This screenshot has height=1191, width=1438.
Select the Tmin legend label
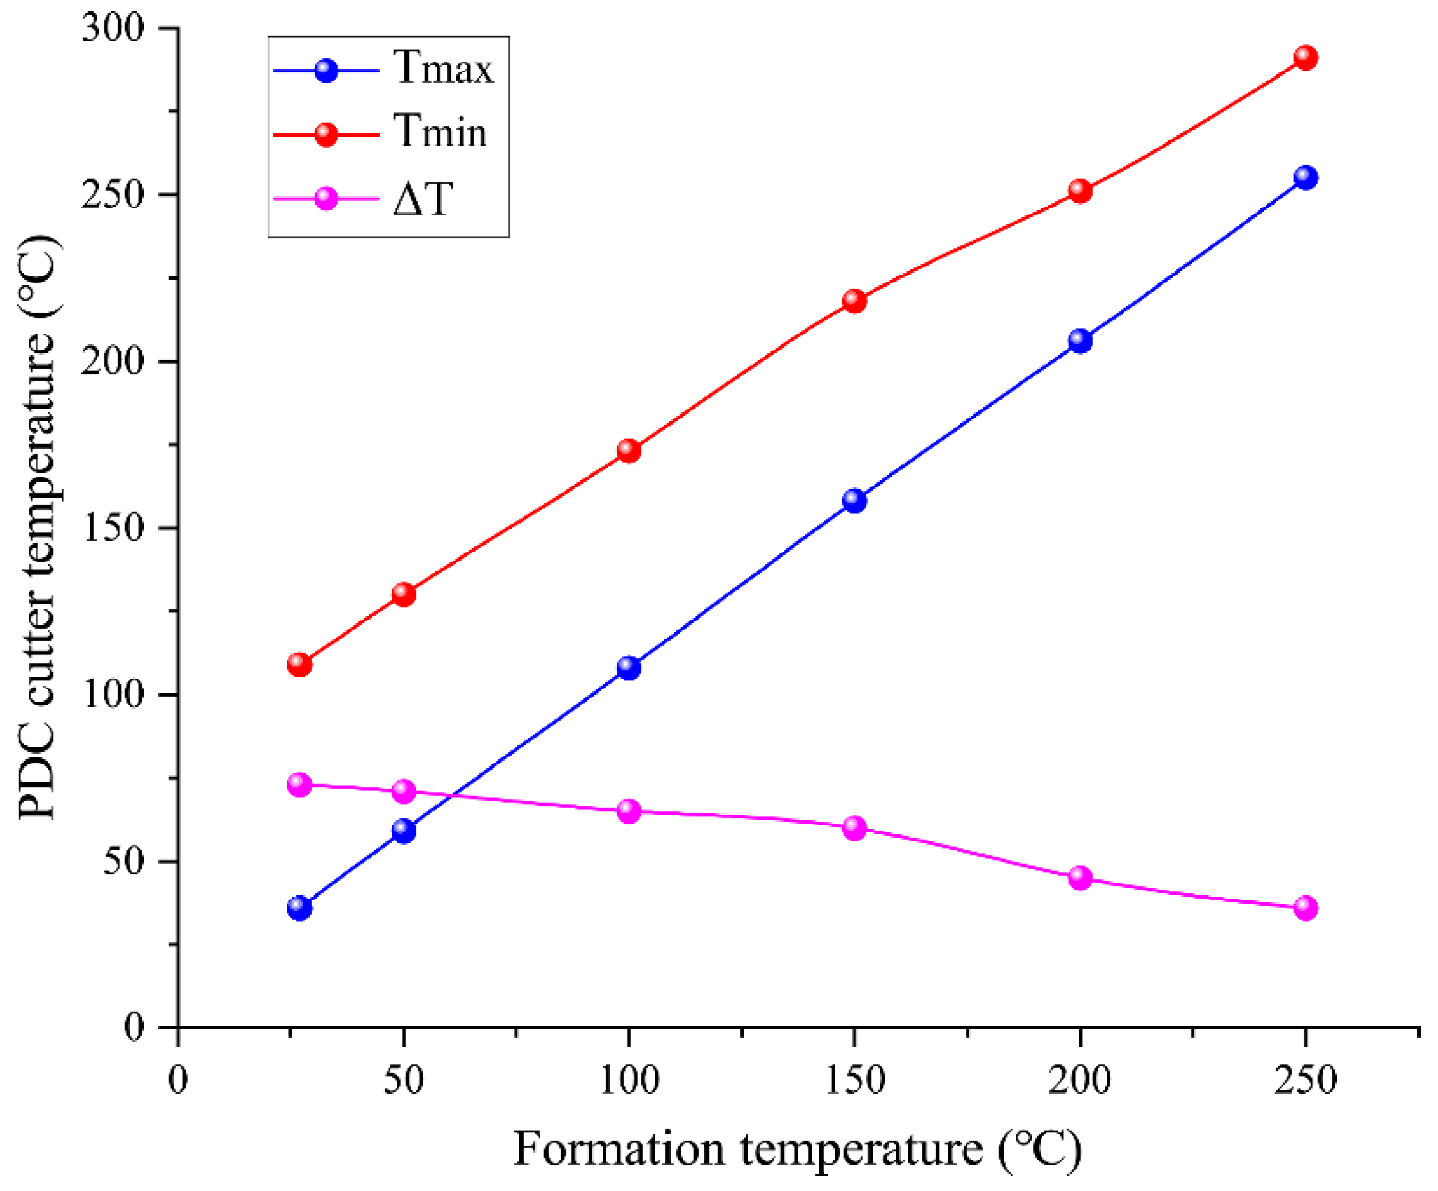(440, 131)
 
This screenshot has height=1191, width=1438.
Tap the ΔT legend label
(422, 199)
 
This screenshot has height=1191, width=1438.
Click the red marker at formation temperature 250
(1306, 58)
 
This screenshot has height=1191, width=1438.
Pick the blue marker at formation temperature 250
(1306, 178)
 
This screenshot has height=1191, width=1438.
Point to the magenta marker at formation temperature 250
(1306, 908)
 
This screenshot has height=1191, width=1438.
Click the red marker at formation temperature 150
(855, 300)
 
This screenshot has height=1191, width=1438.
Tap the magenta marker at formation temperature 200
(1080, 877)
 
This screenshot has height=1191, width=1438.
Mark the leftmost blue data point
(299, 908)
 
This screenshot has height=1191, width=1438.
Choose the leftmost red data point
(299, 664)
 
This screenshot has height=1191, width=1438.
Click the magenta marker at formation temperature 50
(403, 791)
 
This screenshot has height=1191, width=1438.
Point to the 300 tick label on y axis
(113, 28)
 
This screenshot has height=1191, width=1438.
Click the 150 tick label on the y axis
(113, 528)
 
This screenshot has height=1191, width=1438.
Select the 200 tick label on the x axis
(1080, 1080)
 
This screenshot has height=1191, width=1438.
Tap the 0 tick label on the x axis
(178, 1080)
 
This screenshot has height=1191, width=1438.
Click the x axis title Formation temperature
(798, 1150)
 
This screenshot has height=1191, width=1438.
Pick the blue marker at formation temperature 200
(1080, 341)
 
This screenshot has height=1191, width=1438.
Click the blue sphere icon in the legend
(326, 71)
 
